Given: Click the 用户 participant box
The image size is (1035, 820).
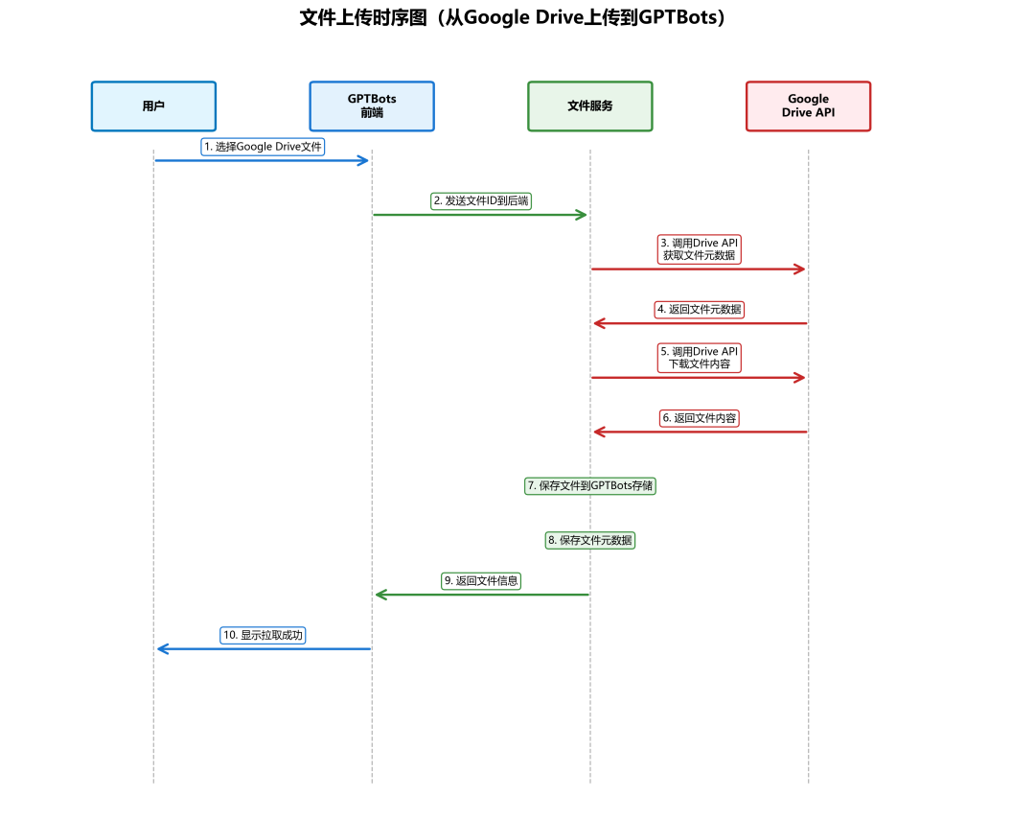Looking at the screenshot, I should click(x=153, y=105).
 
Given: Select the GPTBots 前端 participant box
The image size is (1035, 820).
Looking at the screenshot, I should click(x=372, y=105).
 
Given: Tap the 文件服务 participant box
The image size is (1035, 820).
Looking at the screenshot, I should click(x=590, y=105).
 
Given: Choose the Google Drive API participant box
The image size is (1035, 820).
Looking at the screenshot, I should click(x=808, y=105).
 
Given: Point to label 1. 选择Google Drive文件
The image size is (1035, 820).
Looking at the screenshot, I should click(x=263, y=147).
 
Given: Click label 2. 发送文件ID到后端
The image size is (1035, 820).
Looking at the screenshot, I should click(x=481, y=200).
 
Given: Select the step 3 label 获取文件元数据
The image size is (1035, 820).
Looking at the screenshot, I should click(x=700, y=249).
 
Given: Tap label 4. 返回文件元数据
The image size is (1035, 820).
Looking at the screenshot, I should click(x=700, y=309).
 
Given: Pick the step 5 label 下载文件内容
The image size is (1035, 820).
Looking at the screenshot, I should click(x=700, y=358).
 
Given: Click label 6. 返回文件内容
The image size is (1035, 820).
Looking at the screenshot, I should click(x=700, y=418).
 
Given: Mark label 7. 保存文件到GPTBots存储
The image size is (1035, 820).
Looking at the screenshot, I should click(x=590, y=485).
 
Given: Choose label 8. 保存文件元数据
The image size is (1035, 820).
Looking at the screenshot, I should click(x=590, y=540).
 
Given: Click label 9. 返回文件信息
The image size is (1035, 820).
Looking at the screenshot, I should click(x=481, y=580).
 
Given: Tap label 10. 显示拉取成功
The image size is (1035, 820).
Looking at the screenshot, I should click(x=263, y=635).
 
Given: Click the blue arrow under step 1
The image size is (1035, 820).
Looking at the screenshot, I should click(x=263, y=160).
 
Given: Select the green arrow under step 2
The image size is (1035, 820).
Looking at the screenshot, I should click(x=481, y=215).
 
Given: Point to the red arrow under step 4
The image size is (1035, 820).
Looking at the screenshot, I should click(x=700, y=323).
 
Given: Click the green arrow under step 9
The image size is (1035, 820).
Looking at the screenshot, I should click(x=481, y=595).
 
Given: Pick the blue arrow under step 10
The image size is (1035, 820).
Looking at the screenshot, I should click(x=263, y=649).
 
